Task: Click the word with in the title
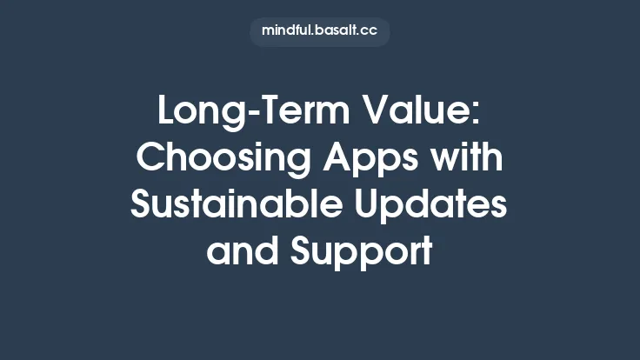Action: pyautogui.click(x=470, y=160)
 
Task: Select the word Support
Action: pyautogui.click(x=361, y=252)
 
